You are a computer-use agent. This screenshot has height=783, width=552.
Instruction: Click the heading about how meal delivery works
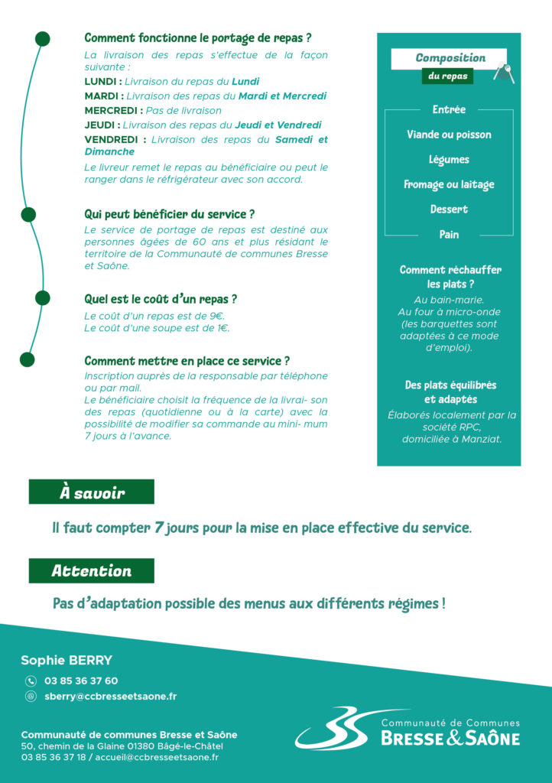(197, 38)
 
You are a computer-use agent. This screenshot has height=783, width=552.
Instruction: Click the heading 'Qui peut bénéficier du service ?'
(169, 214)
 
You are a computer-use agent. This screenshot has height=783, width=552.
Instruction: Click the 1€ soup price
(221, 327)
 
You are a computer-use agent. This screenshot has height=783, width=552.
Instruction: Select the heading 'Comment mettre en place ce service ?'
(187, 361)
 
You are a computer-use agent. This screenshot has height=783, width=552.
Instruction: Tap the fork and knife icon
(504, 73)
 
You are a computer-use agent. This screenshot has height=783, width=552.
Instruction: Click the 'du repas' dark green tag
(447, 76)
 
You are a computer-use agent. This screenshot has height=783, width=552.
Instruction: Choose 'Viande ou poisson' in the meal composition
(449, 135)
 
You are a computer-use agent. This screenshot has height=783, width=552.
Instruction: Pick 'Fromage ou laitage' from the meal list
(449, 184)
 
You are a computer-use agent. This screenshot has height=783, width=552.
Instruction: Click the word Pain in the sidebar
(449, 234)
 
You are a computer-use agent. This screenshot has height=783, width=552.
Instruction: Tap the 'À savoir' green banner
(92, 492)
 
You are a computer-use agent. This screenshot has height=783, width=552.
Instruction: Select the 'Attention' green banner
(92, 570)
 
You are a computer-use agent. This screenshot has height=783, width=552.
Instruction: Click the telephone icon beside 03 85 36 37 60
(31, 681)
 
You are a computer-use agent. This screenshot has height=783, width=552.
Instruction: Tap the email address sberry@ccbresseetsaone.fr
(110, 696)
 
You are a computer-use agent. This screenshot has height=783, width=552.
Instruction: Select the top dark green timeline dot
(43, 38)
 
